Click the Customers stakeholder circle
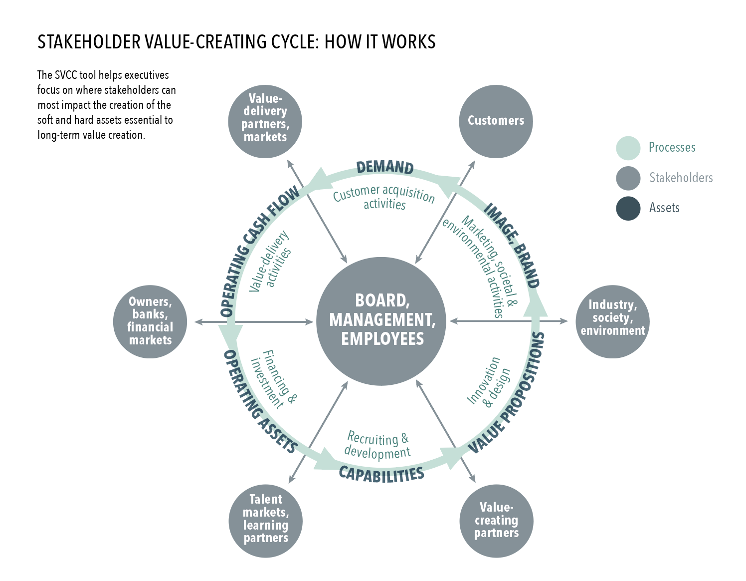pyautogui.click(x=496, y=121)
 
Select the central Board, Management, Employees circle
pyautogui.click(x=382, y=321)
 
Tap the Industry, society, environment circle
pyautogui.click(x=612, y=321)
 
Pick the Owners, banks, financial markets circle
pyautogui.click(x=150, y=321)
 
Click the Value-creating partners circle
pyautogui.click(x=496, y=521)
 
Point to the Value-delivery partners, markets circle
pyautogui.click(x=265, y=121)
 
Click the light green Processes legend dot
pyautogui.click(x=628, y=148)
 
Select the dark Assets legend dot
pyautogui.click(x=628, y=208)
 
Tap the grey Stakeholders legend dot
pyautogui.click(x=628, y=178)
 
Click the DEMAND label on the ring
pyautogui.click(x=384, y=167)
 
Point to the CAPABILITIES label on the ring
pyautogui.click(x=381, y=474)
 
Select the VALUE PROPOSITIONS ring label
pyautogui.click(x=509, y=394)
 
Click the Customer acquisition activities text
pyautogui.click(x=384, y=198)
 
